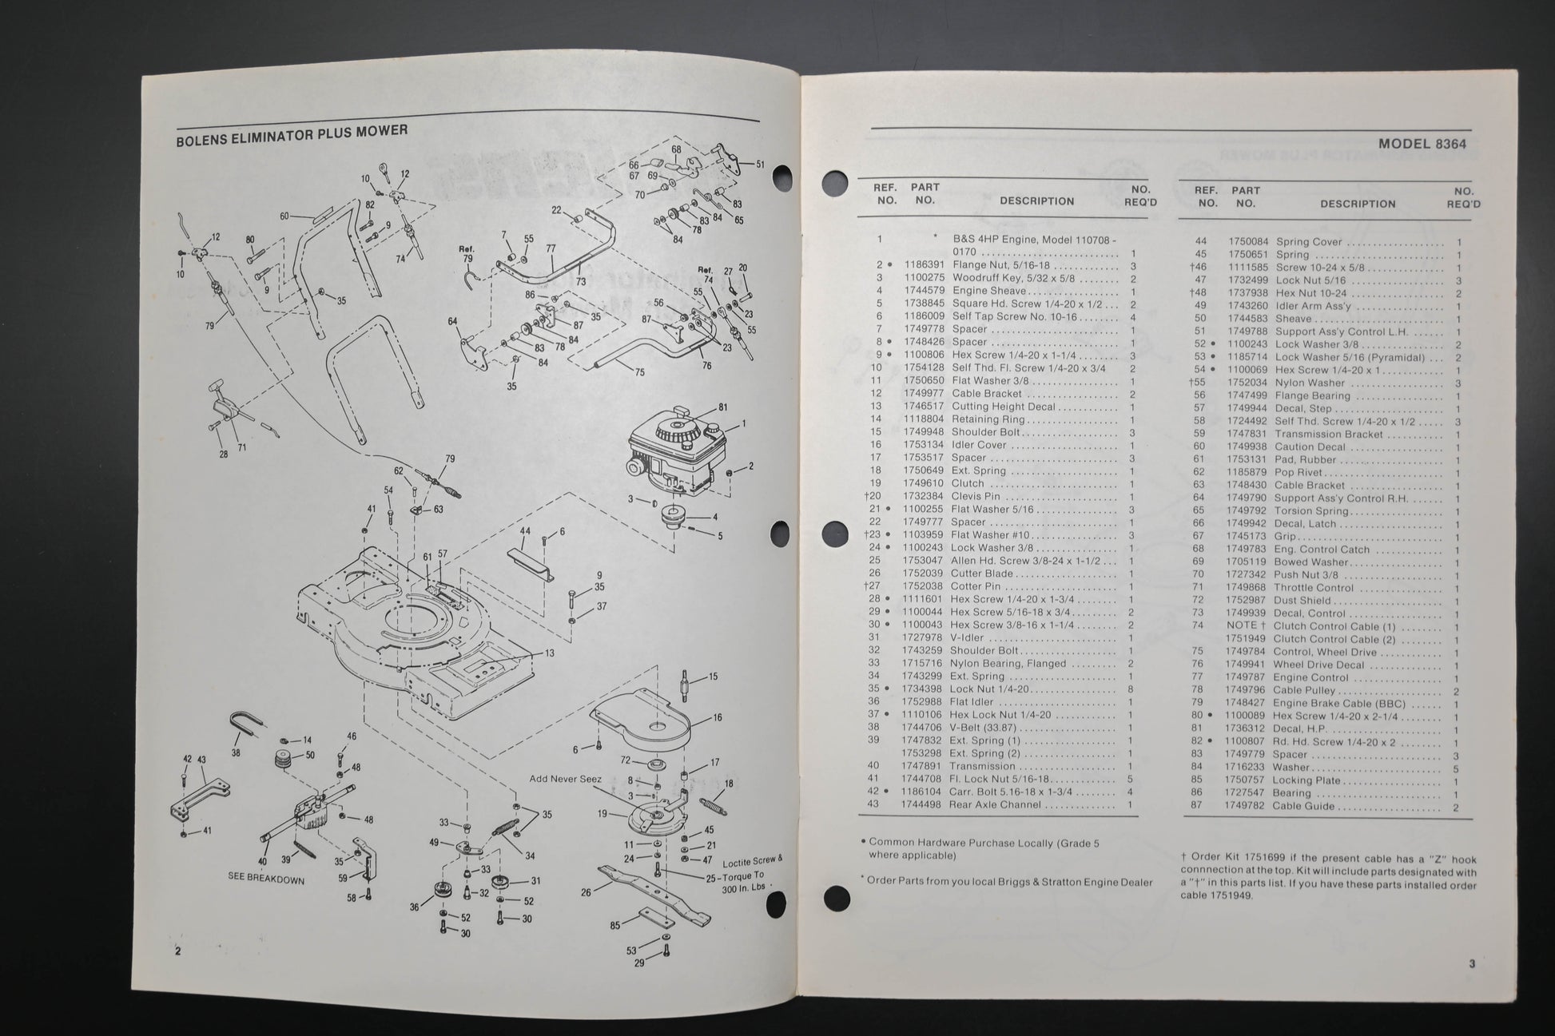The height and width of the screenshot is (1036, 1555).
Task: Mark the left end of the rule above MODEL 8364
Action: tap(871, 128)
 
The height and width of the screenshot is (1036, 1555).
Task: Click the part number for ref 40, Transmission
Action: tap(925, 766)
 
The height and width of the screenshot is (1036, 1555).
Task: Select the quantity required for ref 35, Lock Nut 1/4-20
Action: tap(1131, 689)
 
